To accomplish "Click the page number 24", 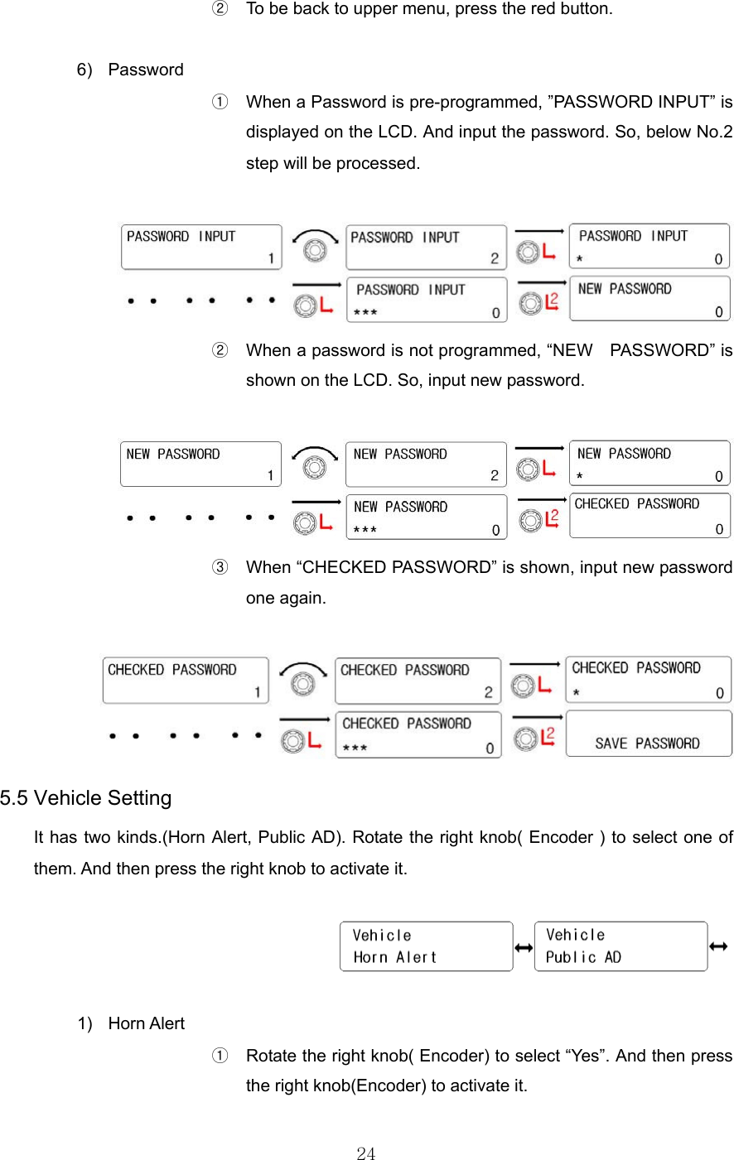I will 366,1153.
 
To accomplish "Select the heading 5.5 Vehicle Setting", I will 86,798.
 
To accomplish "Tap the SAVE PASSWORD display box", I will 649,734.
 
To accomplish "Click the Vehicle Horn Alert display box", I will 426,946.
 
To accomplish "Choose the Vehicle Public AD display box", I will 621,946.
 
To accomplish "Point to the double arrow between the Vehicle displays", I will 524,947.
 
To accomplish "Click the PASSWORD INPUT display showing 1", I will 201,248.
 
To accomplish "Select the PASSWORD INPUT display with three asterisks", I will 426,301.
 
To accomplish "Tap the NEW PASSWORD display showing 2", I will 426,464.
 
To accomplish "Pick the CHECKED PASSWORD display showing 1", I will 186,681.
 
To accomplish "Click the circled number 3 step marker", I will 220,568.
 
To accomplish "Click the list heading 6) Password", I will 130,70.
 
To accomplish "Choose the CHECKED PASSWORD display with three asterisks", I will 418,734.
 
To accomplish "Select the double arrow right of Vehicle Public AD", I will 718,946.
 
